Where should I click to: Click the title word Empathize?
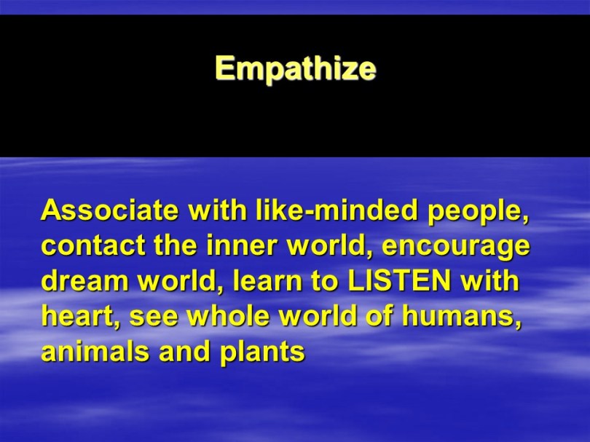296,69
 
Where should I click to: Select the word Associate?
110,210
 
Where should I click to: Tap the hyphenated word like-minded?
337,210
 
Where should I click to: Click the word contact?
93,246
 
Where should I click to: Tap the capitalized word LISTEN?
400,281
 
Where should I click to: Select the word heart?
82,317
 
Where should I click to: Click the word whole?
229,317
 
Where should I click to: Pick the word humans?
462,317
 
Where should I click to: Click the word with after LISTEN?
489,281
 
